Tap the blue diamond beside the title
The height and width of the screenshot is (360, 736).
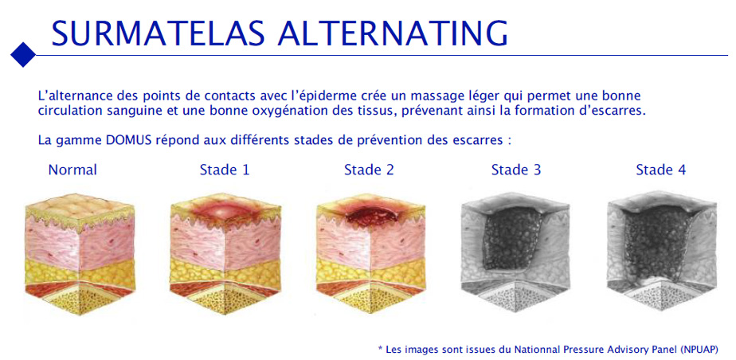point(23,55)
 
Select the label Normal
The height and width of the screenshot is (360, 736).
point(72,170)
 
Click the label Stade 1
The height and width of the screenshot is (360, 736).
point(225,170)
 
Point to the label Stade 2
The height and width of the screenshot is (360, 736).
point(370,170)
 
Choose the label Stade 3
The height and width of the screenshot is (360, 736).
point(516,170)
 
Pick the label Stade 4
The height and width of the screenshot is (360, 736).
point(661,170)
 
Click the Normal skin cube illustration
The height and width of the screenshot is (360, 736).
point(80,254)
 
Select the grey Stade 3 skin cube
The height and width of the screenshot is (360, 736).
point(515,252)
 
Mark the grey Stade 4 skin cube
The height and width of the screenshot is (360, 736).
point(662,252)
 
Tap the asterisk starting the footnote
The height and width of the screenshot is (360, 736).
point(380,348)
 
